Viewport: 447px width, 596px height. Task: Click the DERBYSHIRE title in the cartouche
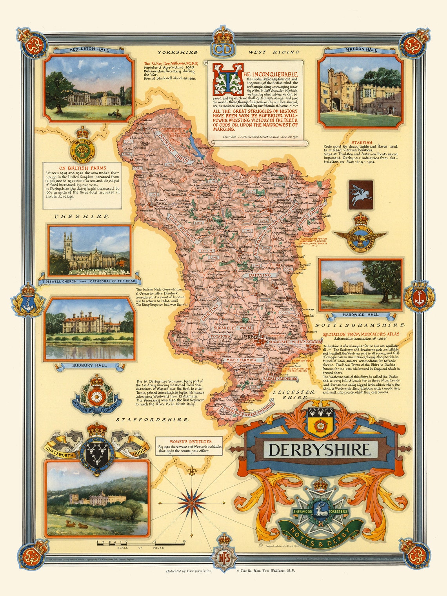[319, 450]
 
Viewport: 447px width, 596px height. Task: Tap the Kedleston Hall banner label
[89, 50]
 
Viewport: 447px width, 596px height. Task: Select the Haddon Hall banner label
[361, 50]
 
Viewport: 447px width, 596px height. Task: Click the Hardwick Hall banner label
[360, 315]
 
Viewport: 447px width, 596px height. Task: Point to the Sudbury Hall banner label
[89, 366]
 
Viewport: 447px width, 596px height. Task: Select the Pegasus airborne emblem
[361, 195]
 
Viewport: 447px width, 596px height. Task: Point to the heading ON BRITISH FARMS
[82, 168]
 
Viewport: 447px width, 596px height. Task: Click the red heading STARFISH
[362, 143]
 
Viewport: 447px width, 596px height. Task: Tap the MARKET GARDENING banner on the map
[280, 379]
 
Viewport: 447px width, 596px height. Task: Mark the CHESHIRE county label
[82, 217]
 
